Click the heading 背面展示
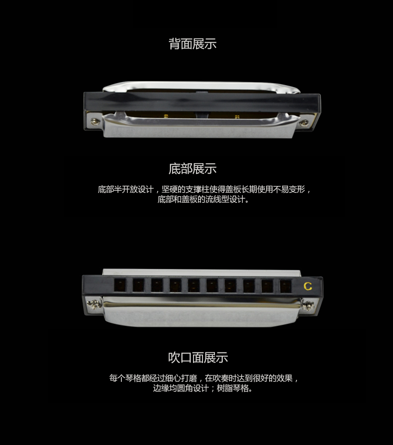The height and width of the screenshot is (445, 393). (193, 44)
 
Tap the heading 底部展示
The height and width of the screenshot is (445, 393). (193, 169)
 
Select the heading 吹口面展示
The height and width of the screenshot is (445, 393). (198, 357)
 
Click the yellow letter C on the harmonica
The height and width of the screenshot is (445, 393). (308, 286)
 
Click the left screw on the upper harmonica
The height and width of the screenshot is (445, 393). (95, 122)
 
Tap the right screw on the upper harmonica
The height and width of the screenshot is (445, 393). (304, 123)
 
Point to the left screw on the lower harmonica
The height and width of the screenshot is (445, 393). (94, 304)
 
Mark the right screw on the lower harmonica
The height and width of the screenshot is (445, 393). (308, 306)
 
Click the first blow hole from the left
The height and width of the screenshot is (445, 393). (120, 285)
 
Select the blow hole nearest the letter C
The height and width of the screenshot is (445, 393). (286, 286)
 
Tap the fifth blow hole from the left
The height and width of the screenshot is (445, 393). (194, 285)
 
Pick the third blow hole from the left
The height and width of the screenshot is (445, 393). (157, 285)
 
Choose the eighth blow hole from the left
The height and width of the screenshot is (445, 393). (249, 286)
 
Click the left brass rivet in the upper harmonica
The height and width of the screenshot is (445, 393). (166, 116)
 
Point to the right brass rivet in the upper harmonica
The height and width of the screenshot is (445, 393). (237, 116)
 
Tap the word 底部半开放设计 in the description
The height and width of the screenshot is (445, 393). (125, 189)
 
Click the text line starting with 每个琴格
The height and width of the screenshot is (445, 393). (203, 378)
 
